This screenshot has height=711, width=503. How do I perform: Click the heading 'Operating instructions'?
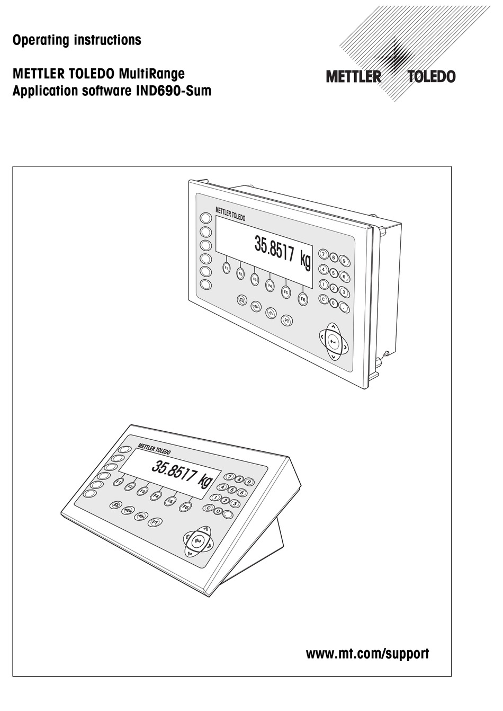(77, 40)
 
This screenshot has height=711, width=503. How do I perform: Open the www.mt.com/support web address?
(367, 654)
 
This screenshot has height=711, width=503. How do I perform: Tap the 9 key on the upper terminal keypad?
(344, 260)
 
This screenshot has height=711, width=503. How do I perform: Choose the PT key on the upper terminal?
(286, 321)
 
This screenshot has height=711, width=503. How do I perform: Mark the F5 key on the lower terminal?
(170, 501)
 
